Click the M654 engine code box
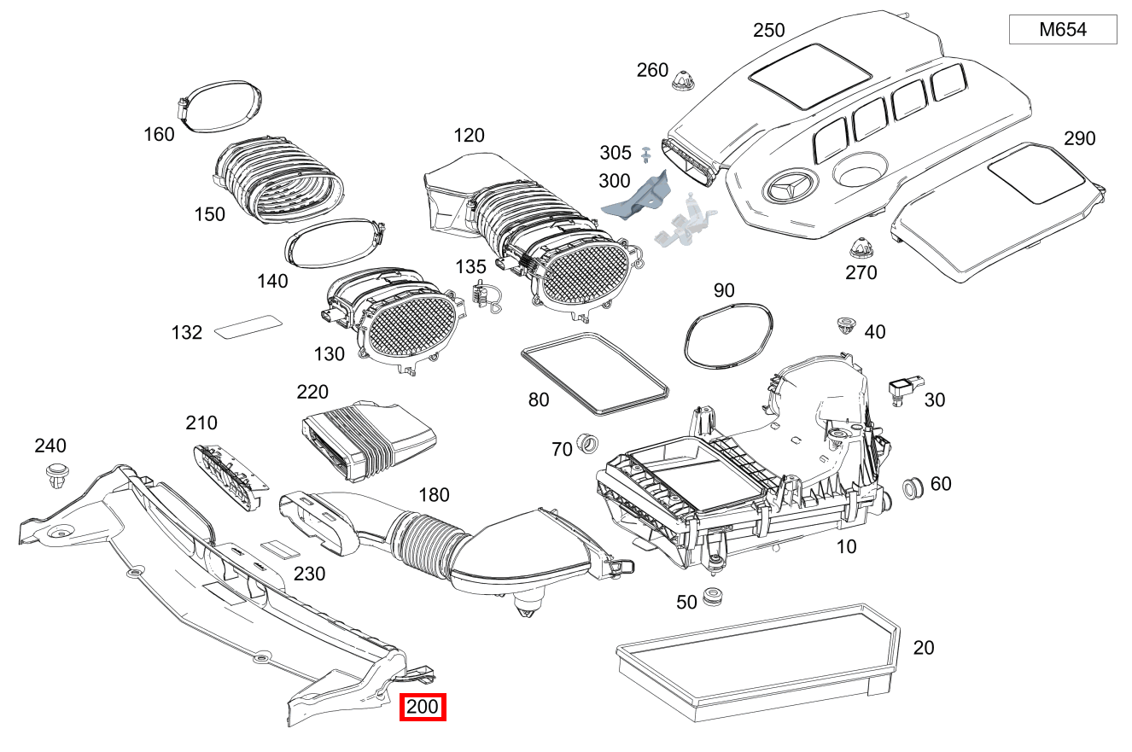tap(1062, 30)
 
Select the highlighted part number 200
tap(423, 707)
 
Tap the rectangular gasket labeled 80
tap(594, 375)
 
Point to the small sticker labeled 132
tap(247, 327)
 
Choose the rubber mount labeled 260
tap(683, 81)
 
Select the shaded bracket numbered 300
tap(639, 196)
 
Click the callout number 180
tap(434, 495)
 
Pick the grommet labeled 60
tap(913, 489)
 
